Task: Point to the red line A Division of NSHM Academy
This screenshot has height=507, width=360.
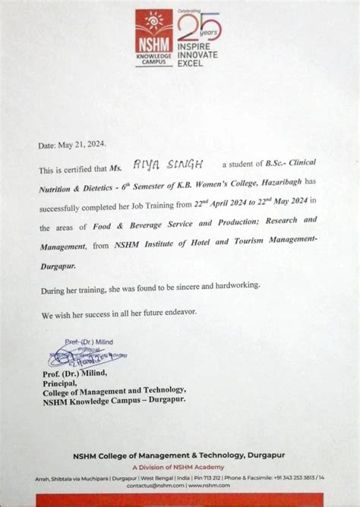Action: coord(180,468)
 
